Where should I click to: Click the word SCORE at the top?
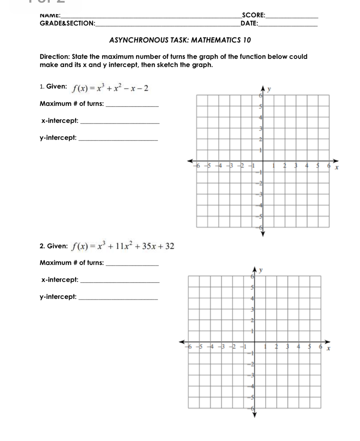[x=253, y=16]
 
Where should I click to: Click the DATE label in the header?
[x=249, y=23]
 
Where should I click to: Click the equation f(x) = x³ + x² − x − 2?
[x=110, y=88]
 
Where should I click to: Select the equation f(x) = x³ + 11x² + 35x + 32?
[x=123, y=246]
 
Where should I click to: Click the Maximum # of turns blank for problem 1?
[x=131, y=106]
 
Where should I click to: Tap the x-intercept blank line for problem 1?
[x=120, y=122]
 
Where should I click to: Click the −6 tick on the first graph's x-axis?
[x=198, y=165]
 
